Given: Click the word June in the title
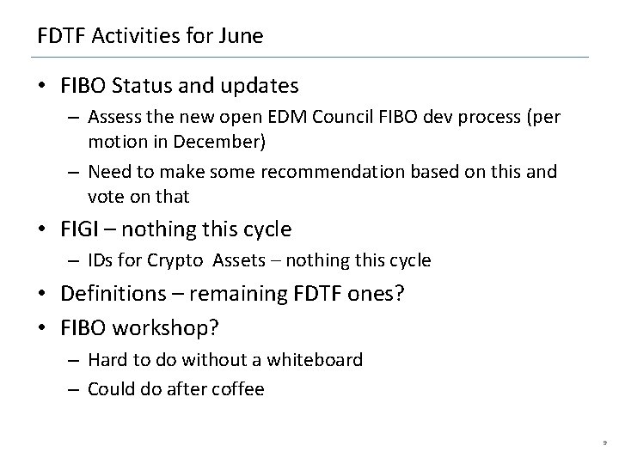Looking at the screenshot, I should coord(242,37).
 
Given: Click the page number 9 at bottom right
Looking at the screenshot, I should coord(604,440).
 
